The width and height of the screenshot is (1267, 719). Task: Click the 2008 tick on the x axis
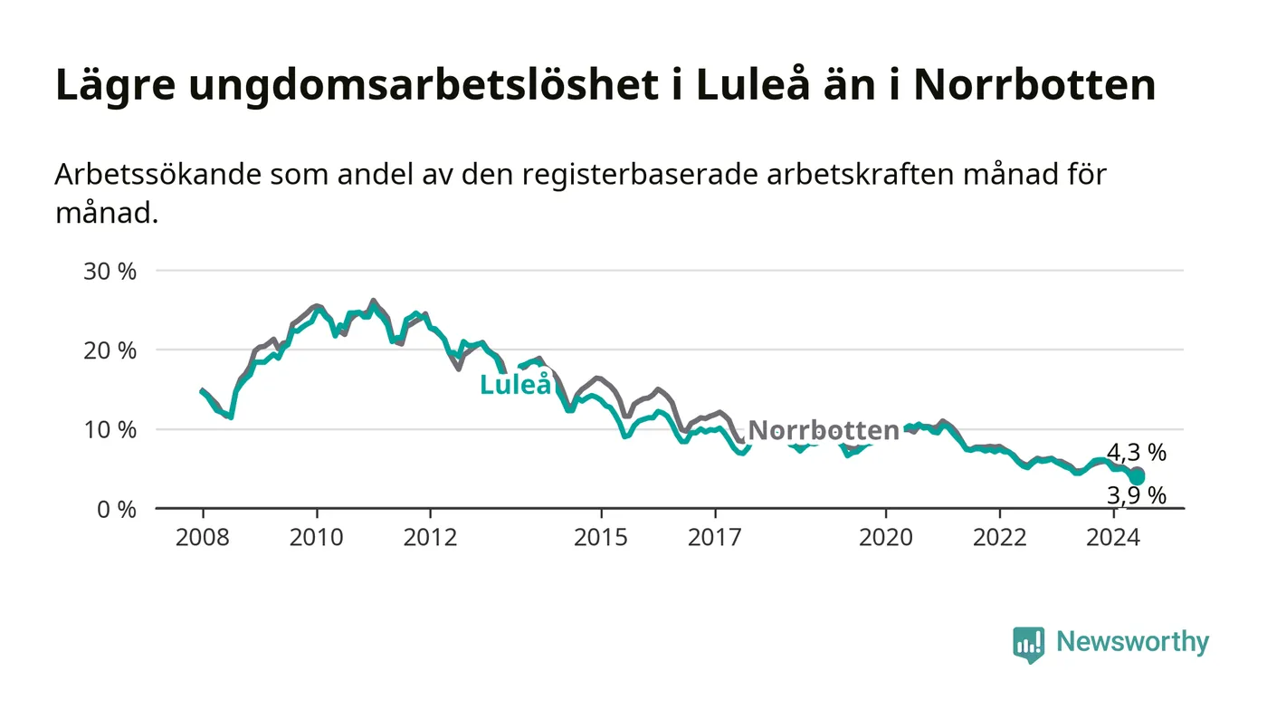pyautogui.click(x=202, y=537)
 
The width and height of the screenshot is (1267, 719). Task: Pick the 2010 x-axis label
pyautogui.click(x=316, y=537)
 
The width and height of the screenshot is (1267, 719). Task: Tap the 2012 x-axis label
pyautogui.click(x=430, y=537)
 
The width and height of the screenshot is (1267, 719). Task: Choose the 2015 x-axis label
pyautogui.click(x=601, y=537)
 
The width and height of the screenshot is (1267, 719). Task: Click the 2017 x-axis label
pyautogui.click(x=715, y=537)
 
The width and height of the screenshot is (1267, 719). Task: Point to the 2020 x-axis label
pyautogui.click(x=885, y=537)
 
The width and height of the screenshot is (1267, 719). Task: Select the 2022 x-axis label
pyautogui.click(x=999, y=537)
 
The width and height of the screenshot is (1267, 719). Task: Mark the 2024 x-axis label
pyautogui.click(x=1113, y=537)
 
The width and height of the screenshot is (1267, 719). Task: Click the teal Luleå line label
pyautogui.click(x=516, y=385)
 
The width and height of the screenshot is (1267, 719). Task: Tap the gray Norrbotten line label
pyautogui.click(x=824, y=431)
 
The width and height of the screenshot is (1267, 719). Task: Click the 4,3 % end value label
pyautogui.click(x=1137, y=453)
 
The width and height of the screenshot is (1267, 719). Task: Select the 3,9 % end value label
pyautogui.click(x=1137, y=495)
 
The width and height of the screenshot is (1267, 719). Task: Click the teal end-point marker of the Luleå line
pyautogui.click(x=1137, y=477)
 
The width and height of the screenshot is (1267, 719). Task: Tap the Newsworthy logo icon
pyautogui.click(x=1028, y=644)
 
